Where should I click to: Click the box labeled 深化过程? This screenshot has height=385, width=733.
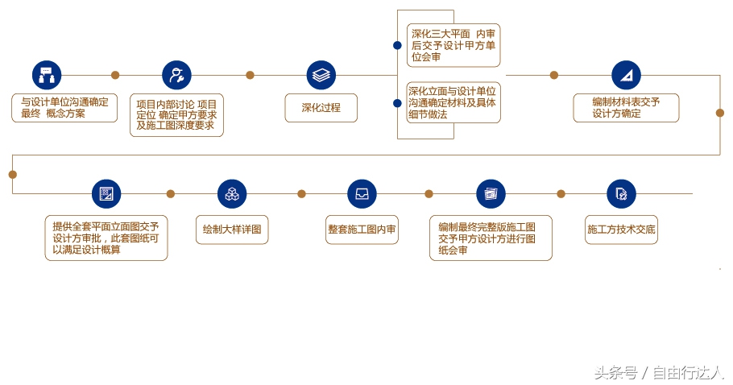[x=321, y=108]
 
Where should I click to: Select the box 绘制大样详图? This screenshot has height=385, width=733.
[x=232, y=230]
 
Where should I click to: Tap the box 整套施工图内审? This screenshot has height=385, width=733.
[x=362, y=230]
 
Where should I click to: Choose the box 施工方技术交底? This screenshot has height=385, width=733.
[x=621, y=230]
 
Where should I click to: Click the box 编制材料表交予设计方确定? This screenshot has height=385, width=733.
[x=626, y=108]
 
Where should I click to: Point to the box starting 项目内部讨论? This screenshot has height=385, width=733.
[x=176, y=115]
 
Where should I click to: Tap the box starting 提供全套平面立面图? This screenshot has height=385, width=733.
[x=106, y=238]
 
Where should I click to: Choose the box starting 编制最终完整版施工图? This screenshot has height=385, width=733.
[x=491, y=238]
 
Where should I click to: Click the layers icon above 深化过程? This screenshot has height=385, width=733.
[x=321, y=75]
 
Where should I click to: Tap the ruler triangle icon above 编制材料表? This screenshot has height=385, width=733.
[x=626, y=75]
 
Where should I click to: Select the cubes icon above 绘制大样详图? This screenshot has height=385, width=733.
[x=232, y=193]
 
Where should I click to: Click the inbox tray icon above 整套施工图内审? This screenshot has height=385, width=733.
[x=362, y=193]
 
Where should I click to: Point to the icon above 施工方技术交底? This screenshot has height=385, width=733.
[x=621, y=193]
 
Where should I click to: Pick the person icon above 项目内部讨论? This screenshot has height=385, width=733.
[x=176, y=75]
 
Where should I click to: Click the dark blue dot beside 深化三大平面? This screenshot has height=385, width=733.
[x=397, y=45]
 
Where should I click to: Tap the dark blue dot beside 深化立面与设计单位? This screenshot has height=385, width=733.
[x=397, y=103]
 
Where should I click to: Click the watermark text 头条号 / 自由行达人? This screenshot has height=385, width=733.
[x=659, y=373]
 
